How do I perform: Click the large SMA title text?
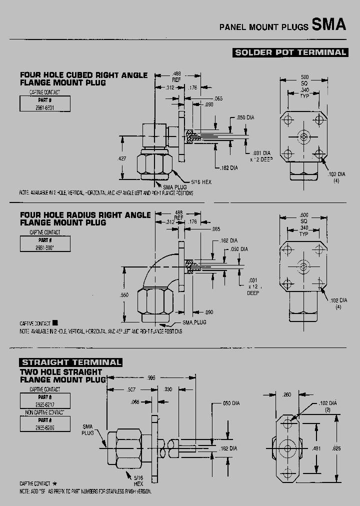pyautogui.click(x=328, y=25)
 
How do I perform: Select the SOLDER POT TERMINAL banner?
pyautogui.click(x=290, y=52)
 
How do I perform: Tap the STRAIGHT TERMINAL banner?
pyautogui.click(x=71, y=362)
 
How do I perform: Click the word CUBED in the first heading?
pyautogui.click(x=82, y=75)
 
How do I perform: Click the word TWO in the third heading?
pyautogui.click(x=29, y=372)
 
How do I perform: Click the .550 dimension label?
pyautogui.click(x=124, y=295)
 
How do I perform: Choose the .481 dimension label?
pyautogui.click(x=316, y=448)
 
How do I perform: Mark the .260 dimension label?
pyautogui.click(x=287, y=394)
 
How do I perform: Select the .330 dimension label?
pyautogui.click(x=168, y=389)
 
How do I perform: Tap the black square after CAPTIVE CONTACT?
pyautogui.click(x=55, y=323)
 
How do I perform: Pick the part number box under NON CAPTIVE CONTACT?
pyautogui.click(x=45, y=424)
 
